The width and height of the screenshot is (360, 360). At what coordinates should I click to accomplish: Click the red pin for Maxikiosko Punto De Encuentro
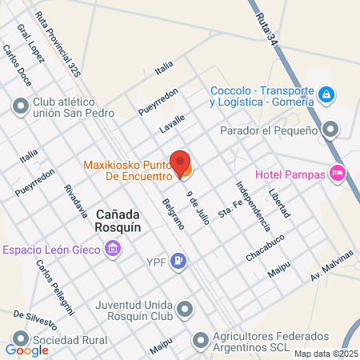click(181, 162)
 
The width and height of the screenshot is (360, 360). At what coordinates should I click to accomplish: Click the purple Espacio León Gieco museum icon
click(114, 250)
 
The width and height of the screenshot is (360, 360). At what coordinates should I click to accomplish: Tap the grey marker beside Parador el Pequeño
click(330, 130)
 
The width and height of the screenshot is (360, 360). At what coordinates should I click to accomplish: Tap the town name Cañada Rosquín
click(119, 222)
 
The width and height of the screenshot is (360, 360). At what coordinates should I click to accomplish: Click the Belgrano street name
click(171, 214)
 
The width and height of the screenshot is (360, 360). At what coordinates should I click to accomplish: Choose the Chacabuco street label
click(266, 247)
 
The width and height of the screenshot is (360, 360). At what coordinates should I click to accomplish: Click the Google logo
click(27, 350)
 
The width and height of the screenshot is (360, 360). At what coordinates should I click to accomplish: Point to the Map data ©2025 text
click(326, 354)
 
